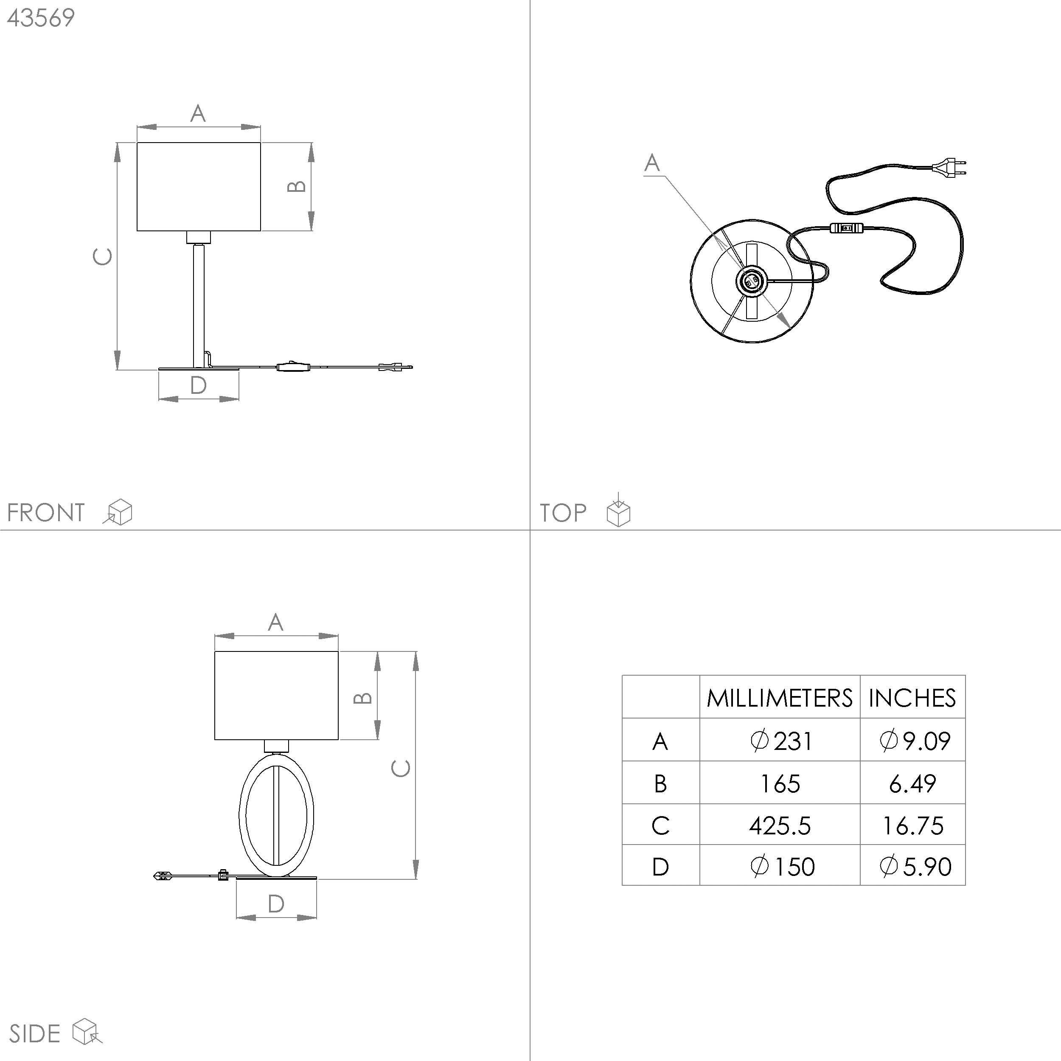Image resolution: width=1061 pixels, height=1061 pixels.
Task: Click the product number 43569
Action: (41, 18)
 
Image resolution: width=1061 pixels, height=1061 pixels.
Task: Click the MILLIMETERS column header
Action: (779, 698)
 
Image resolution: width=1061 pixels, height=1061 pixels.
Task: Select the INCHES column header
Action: (912, 698)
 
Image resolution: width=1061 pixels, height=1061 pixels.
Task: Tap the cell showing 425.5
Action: (780, 826)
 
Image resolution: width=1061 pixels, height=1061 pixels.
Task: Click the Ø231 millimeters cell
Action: (780, 741)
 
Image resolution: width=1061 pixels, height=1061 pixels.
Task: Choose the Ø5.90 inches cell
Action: (915, 867)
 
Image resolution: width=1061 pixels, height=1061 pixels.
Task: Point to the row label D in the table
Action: (660, 867)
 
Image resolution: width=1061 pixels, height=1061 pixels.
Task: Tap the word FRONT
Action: (45, 513)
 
